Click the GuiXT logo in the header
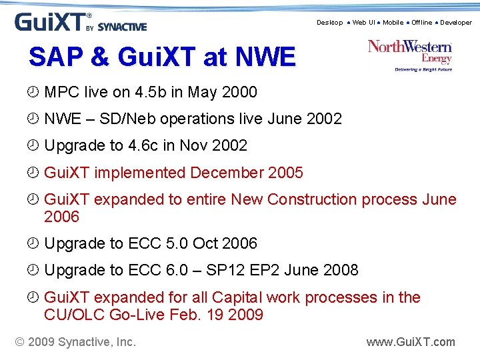80,22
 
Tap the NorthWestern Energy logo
410,55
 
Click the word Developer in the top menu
456,23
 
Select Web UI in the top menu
363,23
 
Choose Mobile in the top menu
393,23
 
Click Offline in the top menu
421,23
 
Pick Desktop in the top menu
329,23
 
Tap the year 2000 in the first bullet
238,92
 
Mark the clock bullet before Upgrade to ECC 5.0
34,244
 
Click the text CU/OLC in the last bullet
73,315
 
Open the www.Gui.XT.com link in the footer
411,342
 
